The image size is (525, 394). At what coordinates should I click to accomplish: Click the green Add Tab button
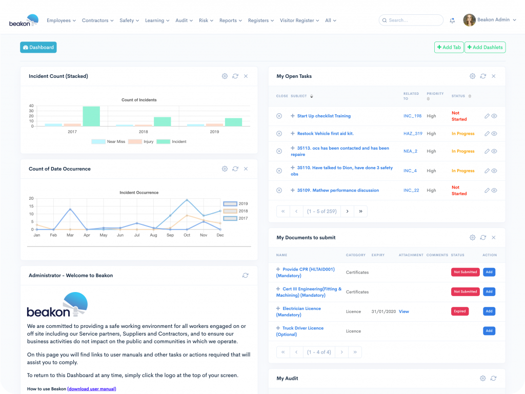coord(449,47)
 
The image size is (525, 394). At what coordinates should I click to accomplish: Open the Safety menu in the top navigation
coord(127,20)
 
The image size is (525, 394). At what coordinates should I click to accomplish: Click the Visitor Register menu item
coord(297,20)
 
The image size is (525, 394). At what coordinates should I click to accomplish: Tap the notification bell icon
coord(452,20)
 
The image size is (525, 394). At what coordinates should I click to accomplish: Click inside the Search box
coord(413,20)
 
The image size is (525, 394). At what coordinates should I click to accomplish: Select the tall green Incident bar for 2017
coord(91,116)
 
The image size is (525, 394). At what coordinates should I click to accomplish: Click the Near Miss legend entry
coord(108,141)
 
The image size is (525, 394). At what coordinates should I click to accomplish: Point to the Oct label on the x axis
coord(187,235)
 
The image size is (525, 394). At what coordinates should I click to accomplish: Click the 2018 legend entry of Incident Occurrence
coord(237,211)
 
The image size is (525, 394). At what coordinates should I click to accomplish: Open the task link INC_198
coord(412,116)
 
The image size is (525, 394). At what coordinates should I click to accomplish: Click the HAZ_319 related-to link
coord(413,134)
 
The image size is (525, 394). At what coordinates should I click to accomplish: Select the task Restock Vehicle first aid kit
coord(325,134)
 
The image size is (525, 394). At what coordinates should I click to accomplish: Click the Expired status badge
coord(459,311)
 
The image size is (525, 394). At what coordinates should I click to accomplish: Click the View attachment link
coord(404,312)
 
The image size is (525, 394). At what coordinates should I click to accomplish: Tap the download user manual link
coord(91,389)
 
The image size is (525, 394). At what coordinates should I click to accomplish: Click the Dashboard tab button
coord(38,47)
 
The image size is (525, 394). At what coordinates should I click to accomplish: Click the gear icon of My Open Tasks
coord(472,76)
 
